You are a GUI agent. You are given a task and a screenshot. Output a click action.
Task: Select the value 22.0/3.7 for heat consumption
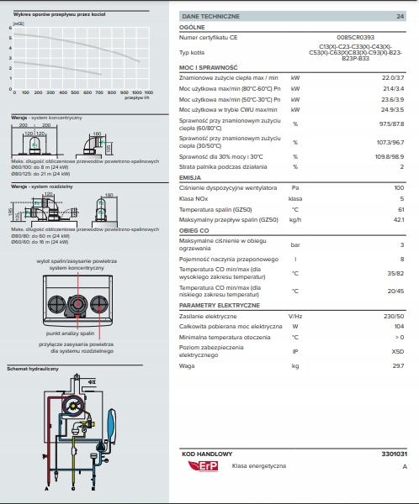393,77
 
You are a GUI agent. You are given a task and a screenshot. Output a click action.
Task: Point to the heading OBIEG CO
195,230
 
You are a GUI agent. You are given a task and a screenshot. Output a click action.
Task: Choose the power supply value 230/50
393,316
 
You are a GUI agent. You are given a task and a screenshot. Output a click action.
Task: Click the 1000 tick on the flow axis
135,92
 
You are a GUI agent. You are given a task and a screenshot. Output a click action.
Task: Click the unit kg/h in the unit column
294,219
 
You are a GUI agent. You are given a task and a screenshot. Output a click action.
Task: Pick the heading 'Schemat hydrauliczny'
33,369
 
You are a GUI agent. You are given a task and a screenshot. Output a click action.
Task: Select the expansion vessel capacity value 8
402,259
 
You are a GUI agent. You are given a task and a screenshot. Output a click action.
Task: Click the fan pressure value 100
399,187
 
